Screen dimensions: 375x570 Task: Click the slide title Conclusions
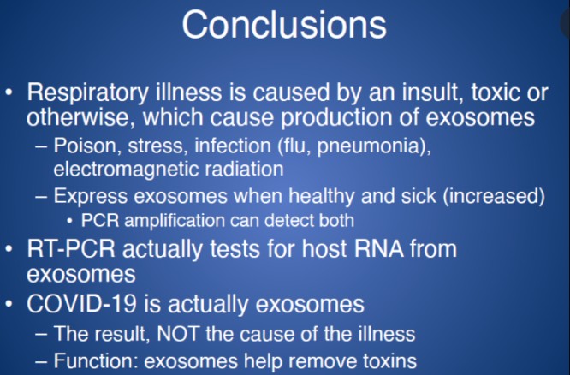tap(284, 25)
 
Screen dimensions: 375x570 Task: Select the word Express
tap(86, 195)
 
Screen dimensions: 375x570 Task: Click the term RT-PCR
tap(72, 250)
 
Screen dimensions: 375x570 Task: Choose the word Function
tap(90, 359)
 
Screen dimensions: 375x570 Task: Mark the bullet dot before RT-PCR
tap(12, 250)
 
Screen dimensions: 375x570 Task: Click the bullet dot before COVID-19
tap(12, 303)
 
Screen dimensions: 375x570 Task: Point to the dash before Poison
tap(42, 145)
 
